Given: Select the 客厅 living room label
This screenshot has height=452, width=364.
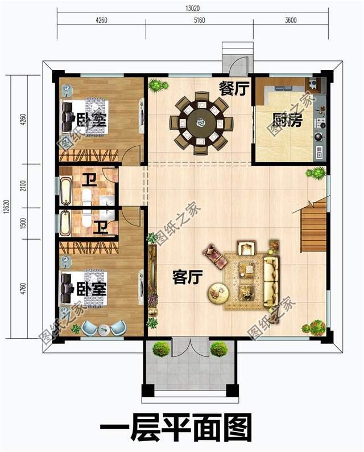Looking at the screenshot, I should (188, 278).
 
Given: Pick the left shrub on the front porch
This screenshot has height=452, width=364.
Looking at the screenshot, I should (162, 348).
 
